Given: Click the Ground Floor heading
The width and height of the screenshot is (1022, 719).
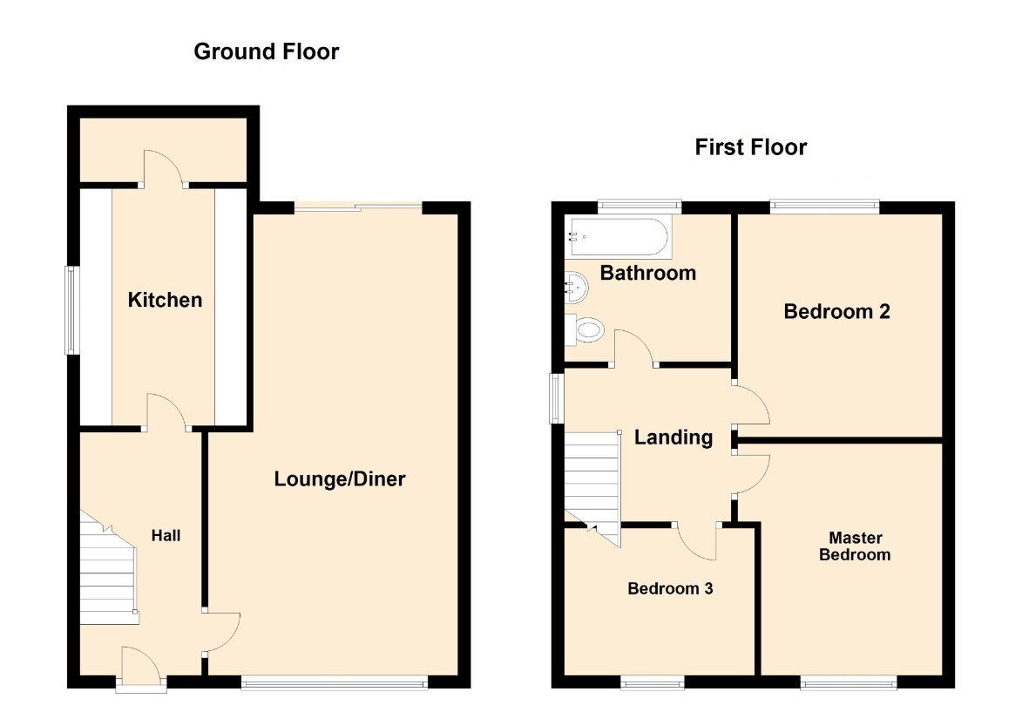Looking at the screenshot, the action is [267, 51].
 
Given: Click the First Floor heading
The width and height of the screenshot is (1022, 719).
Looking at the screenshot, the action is [751, 147].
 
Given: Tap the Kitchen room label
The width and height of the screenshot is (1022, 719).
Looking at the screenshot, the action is [165, 300].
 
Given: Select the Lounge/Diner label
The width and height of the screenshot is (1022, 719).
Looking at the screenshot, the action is [340, 479].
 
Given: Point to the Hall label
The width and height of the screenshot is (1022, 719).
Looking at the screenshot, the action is [166, 536].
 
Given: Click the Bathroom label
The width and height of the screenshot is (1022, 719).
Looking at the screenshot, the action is [648, 273].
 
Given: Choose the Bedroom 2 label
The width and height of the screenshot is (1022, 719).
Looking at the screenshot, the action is [837, 312].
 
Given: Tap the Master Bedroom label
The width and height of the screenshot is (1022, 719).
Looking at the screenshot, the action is [855, 546].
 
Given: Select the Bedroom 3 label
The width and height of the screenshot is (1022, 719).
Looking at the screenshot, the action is [670, 588].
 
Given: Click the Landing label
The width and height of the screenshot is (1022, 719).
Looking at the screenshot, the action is [673, 438].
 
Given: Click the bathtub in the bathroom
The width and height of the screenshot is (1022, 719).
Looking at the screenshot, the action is [618, 237].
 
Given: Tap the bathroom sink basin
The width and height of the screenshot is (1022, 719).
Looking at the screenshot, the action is [576, 288].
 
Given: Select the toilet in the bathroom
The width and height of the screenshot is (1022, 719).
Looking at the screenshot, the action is [585, 329].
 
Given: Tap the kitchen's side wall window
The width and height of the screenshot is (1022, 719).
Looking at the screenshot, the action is [71, 310].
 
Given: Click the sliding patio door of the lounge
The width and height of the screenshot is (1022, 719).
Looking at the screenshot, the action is [358, 208].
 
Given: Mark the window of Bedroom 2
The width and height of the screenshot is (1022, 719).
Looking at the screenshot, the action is [824, 207].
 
